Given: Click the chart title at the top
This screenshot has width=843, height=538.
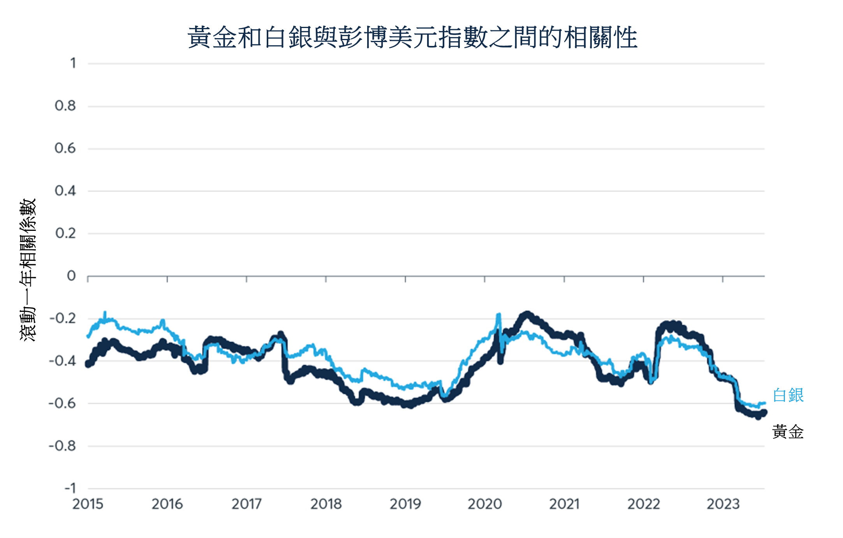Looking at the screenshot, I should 412,38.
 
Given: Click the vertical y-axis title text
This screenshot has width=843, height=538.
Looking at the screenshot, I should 28,269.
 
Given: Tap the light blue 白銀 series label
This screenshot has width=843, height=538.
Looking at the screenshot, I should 788,395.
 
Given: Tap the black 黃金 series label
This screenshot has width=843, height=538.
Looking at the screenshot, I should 788,432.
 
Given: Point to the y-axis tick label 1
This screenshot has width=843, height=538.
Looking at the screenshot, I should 73,63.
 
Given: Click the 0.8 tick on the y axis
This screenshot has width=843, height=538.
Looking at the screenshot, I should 65,105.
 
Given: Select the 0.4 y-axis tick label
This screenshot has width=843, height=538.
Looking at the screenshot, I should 65,191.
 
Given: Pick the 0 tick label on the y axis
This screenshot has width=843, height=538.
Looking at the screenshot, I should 71,276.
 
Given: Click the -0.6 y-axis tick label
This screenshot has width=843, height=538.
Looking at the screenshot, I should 62,403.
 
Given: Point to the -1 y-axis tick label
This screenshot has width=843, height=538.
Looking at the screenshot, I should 70,488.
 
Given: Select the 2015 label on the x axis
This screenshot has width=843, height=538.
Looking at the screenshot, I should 88,504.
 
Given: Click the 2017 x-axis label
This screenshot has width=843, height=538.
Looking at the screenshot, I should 246,504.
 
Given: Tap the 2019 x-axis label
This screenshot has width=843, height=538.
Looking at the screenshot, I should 405,504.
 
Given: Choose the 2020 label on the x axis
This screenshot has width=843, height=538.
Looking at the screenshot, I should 485,504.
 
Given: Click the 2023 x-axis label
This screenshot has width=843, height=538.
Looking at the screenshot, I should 723,504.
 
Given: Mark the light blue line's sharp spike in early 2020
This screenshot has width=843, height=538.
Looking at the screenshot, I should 498,315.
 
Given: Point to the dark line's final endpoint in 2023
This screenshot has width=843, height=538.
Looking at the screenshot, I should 764,412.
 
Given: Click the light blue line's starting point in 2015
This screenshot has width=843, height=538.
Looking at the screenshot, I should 88,336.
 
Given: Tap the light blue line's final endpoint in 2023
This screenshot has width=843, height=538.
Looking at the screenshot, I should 765,403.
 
